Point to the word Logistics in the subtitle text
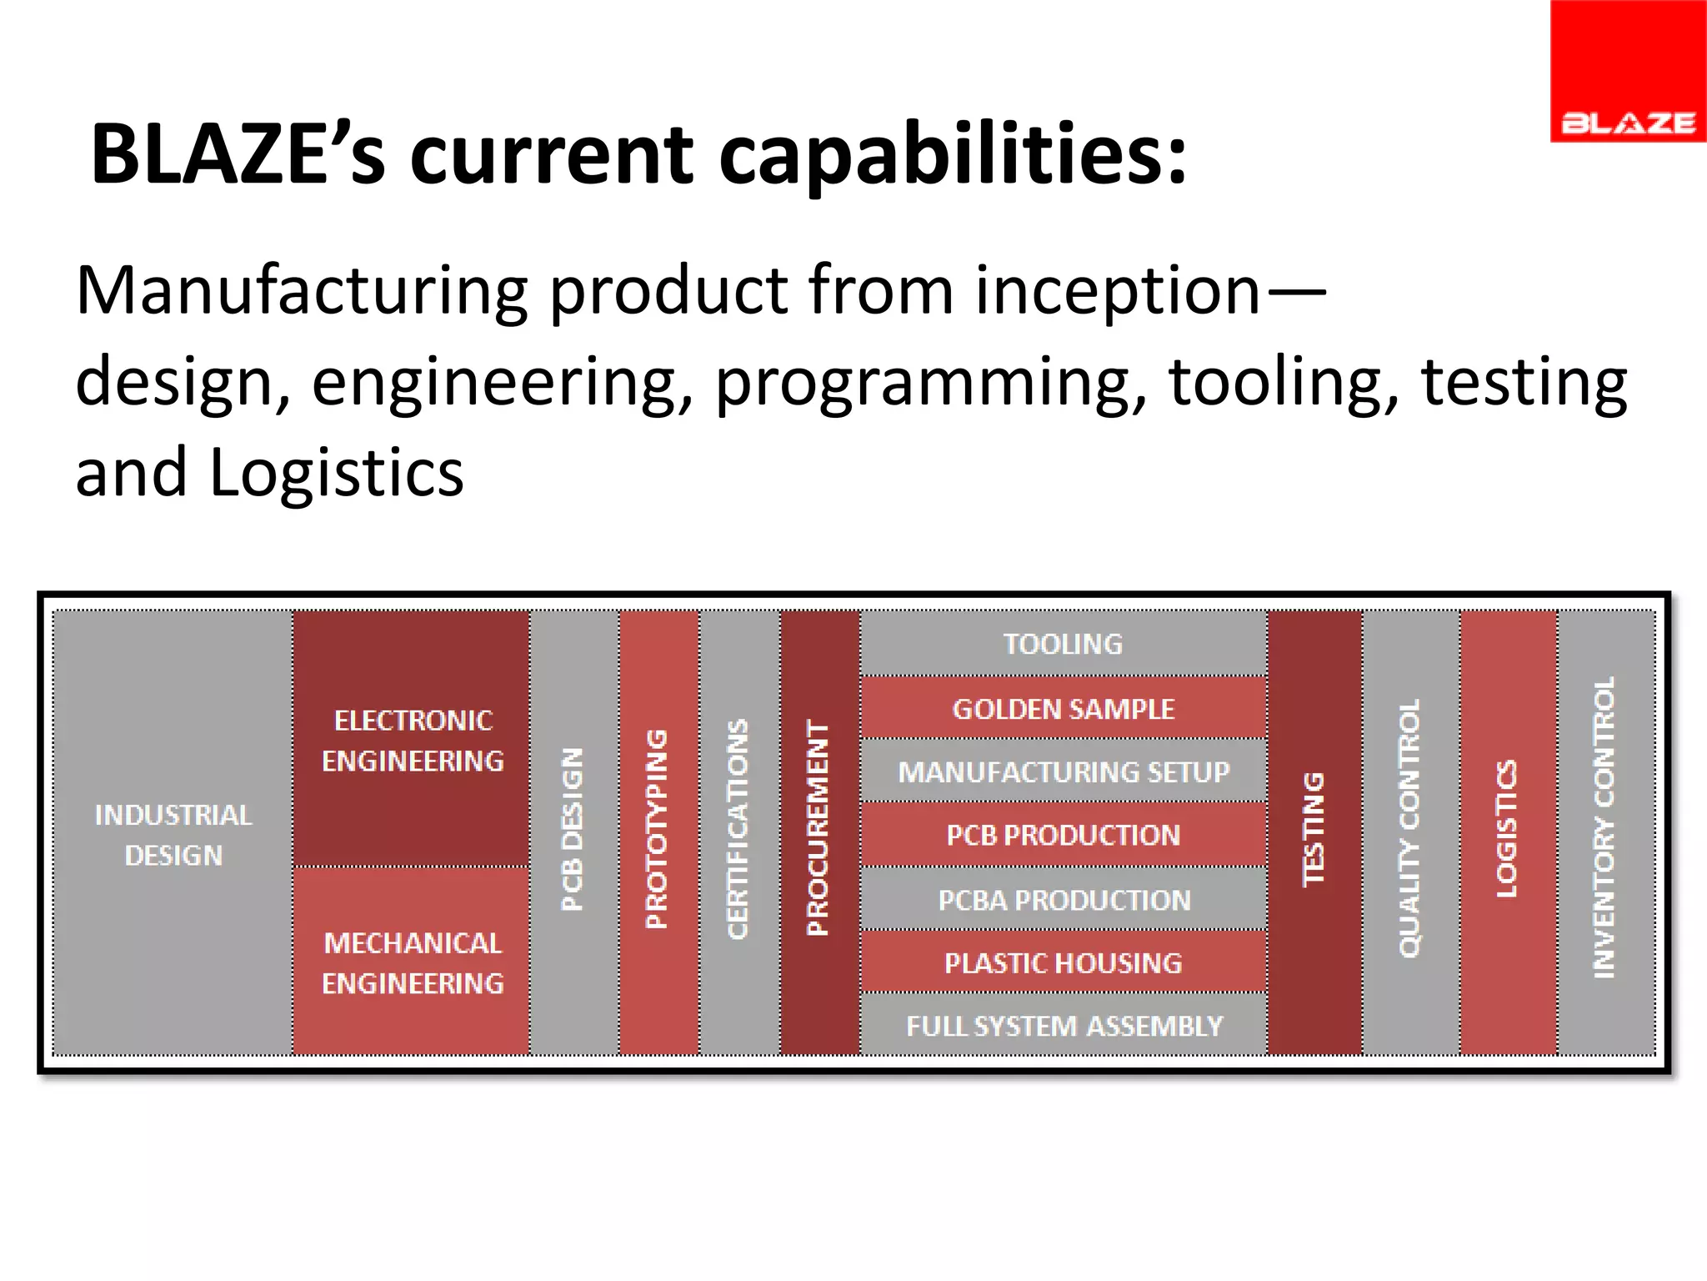pos(335,472)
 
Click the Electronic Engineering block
pos(412,739)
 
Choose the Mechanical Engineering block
pos(412,962)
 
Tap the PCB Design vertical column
pos(573,831)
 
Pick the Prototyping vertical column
pos(658,831)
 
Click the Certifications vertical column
pos(739,831)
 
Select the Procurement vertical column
pos(819,831)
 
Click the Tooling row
pos(1063,643)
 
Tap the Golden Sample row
pos(1063,708)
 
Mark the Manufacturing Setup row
pos(1063,771)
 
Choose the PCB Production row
pos(1063,835)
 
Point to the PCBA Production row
pos(1063,899)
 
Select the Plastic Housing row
pos(1063,962)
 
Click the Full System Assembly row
pos(1063,1025)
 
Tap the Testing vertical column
pos(1314,831)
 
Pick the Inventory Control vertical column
pos(1605,831)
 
